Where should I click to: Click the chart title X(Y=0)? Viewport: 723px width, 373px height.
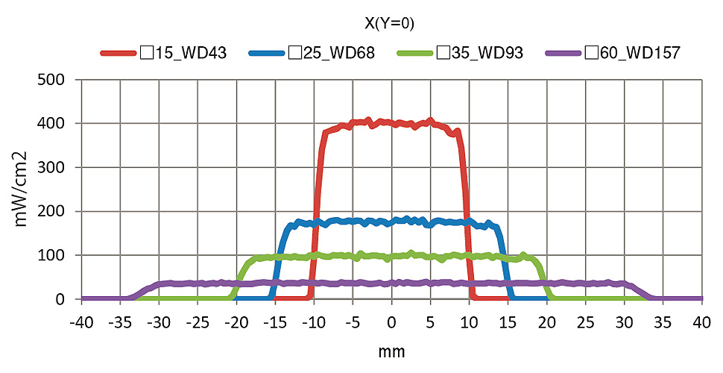(x=389, y=24)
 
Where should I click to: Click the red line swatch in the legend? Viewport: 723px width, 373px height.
(x=118, y=53)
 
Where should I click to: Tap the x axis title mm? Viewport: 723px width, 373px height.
(x=391, y=351)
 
